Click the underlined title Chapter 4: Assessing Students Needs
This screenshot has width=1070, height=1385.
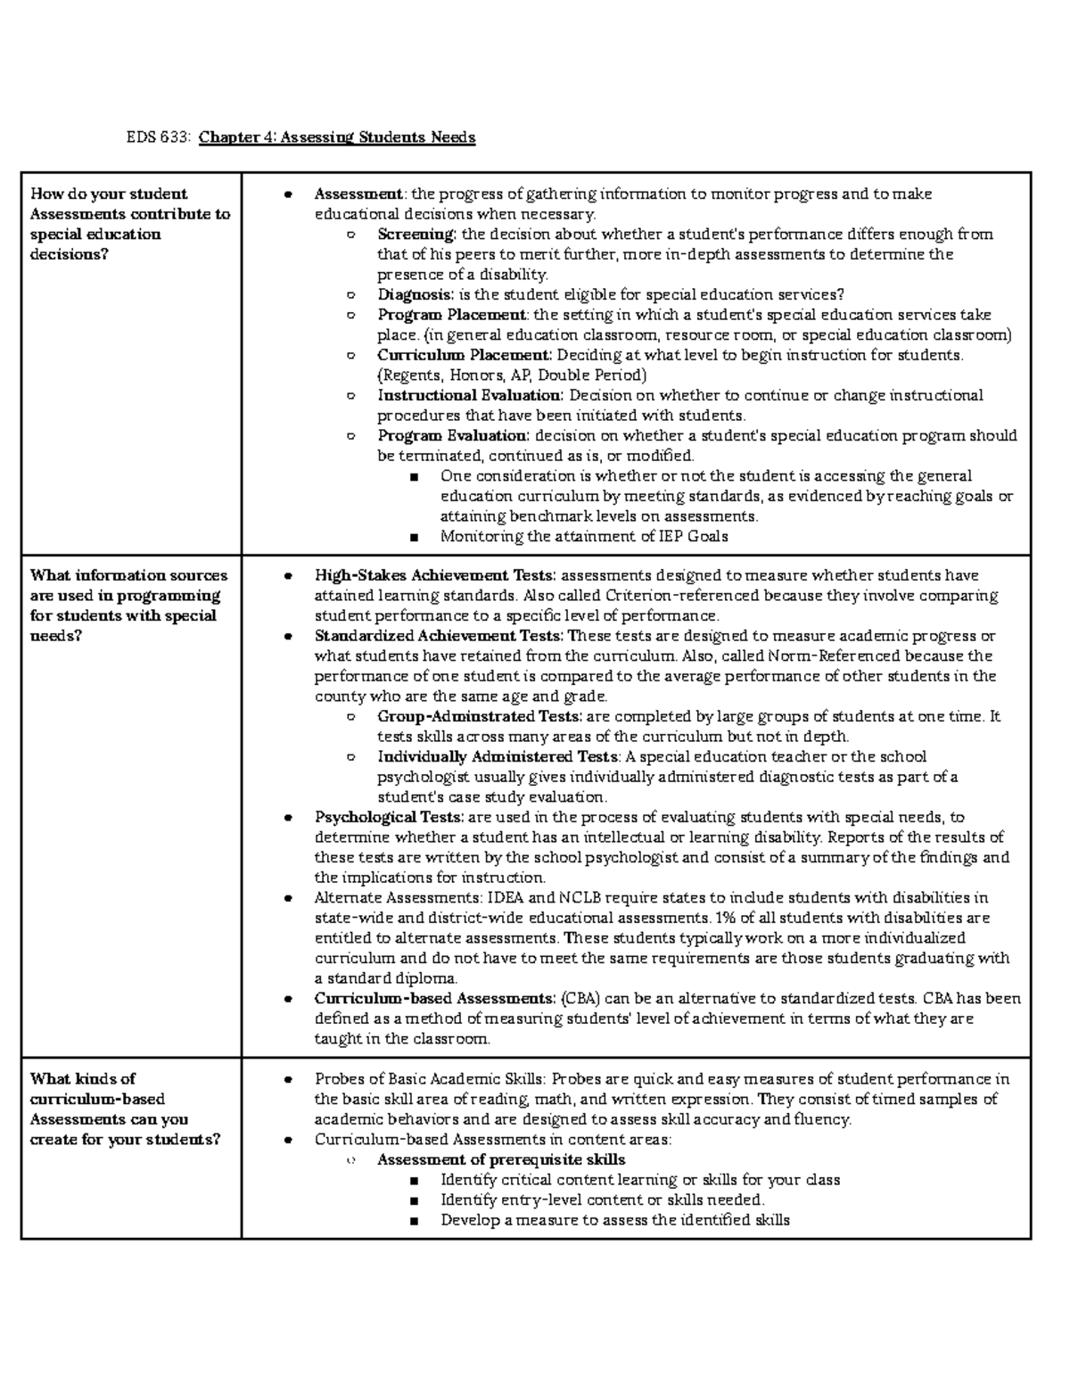pos(337,137)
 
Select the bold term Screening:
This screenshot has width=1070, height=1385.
pos(416,235)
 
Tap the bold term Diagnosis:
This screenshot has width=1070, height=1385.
pos(416,294)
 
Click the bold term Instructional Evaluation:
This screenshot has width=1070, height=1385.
pos(470,395)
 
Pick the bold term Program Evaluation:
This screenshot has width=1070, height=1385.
pos(453,435)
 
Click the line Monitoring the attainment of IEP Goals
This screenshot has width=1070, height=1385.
pos(584,536)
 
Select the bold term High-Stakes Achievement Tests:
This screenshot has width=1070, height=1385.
pos(435,575)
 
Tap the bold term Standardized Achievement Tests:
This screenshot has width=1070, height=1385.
pos(439,636)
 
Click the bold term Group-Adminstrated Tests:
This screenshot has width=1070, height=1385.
pos(481,716)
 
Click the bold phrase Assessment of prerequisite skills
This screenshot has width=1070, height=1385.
pos(501,1159)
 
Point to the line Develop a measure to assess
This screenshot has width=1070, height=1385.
pos(614,1220)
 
